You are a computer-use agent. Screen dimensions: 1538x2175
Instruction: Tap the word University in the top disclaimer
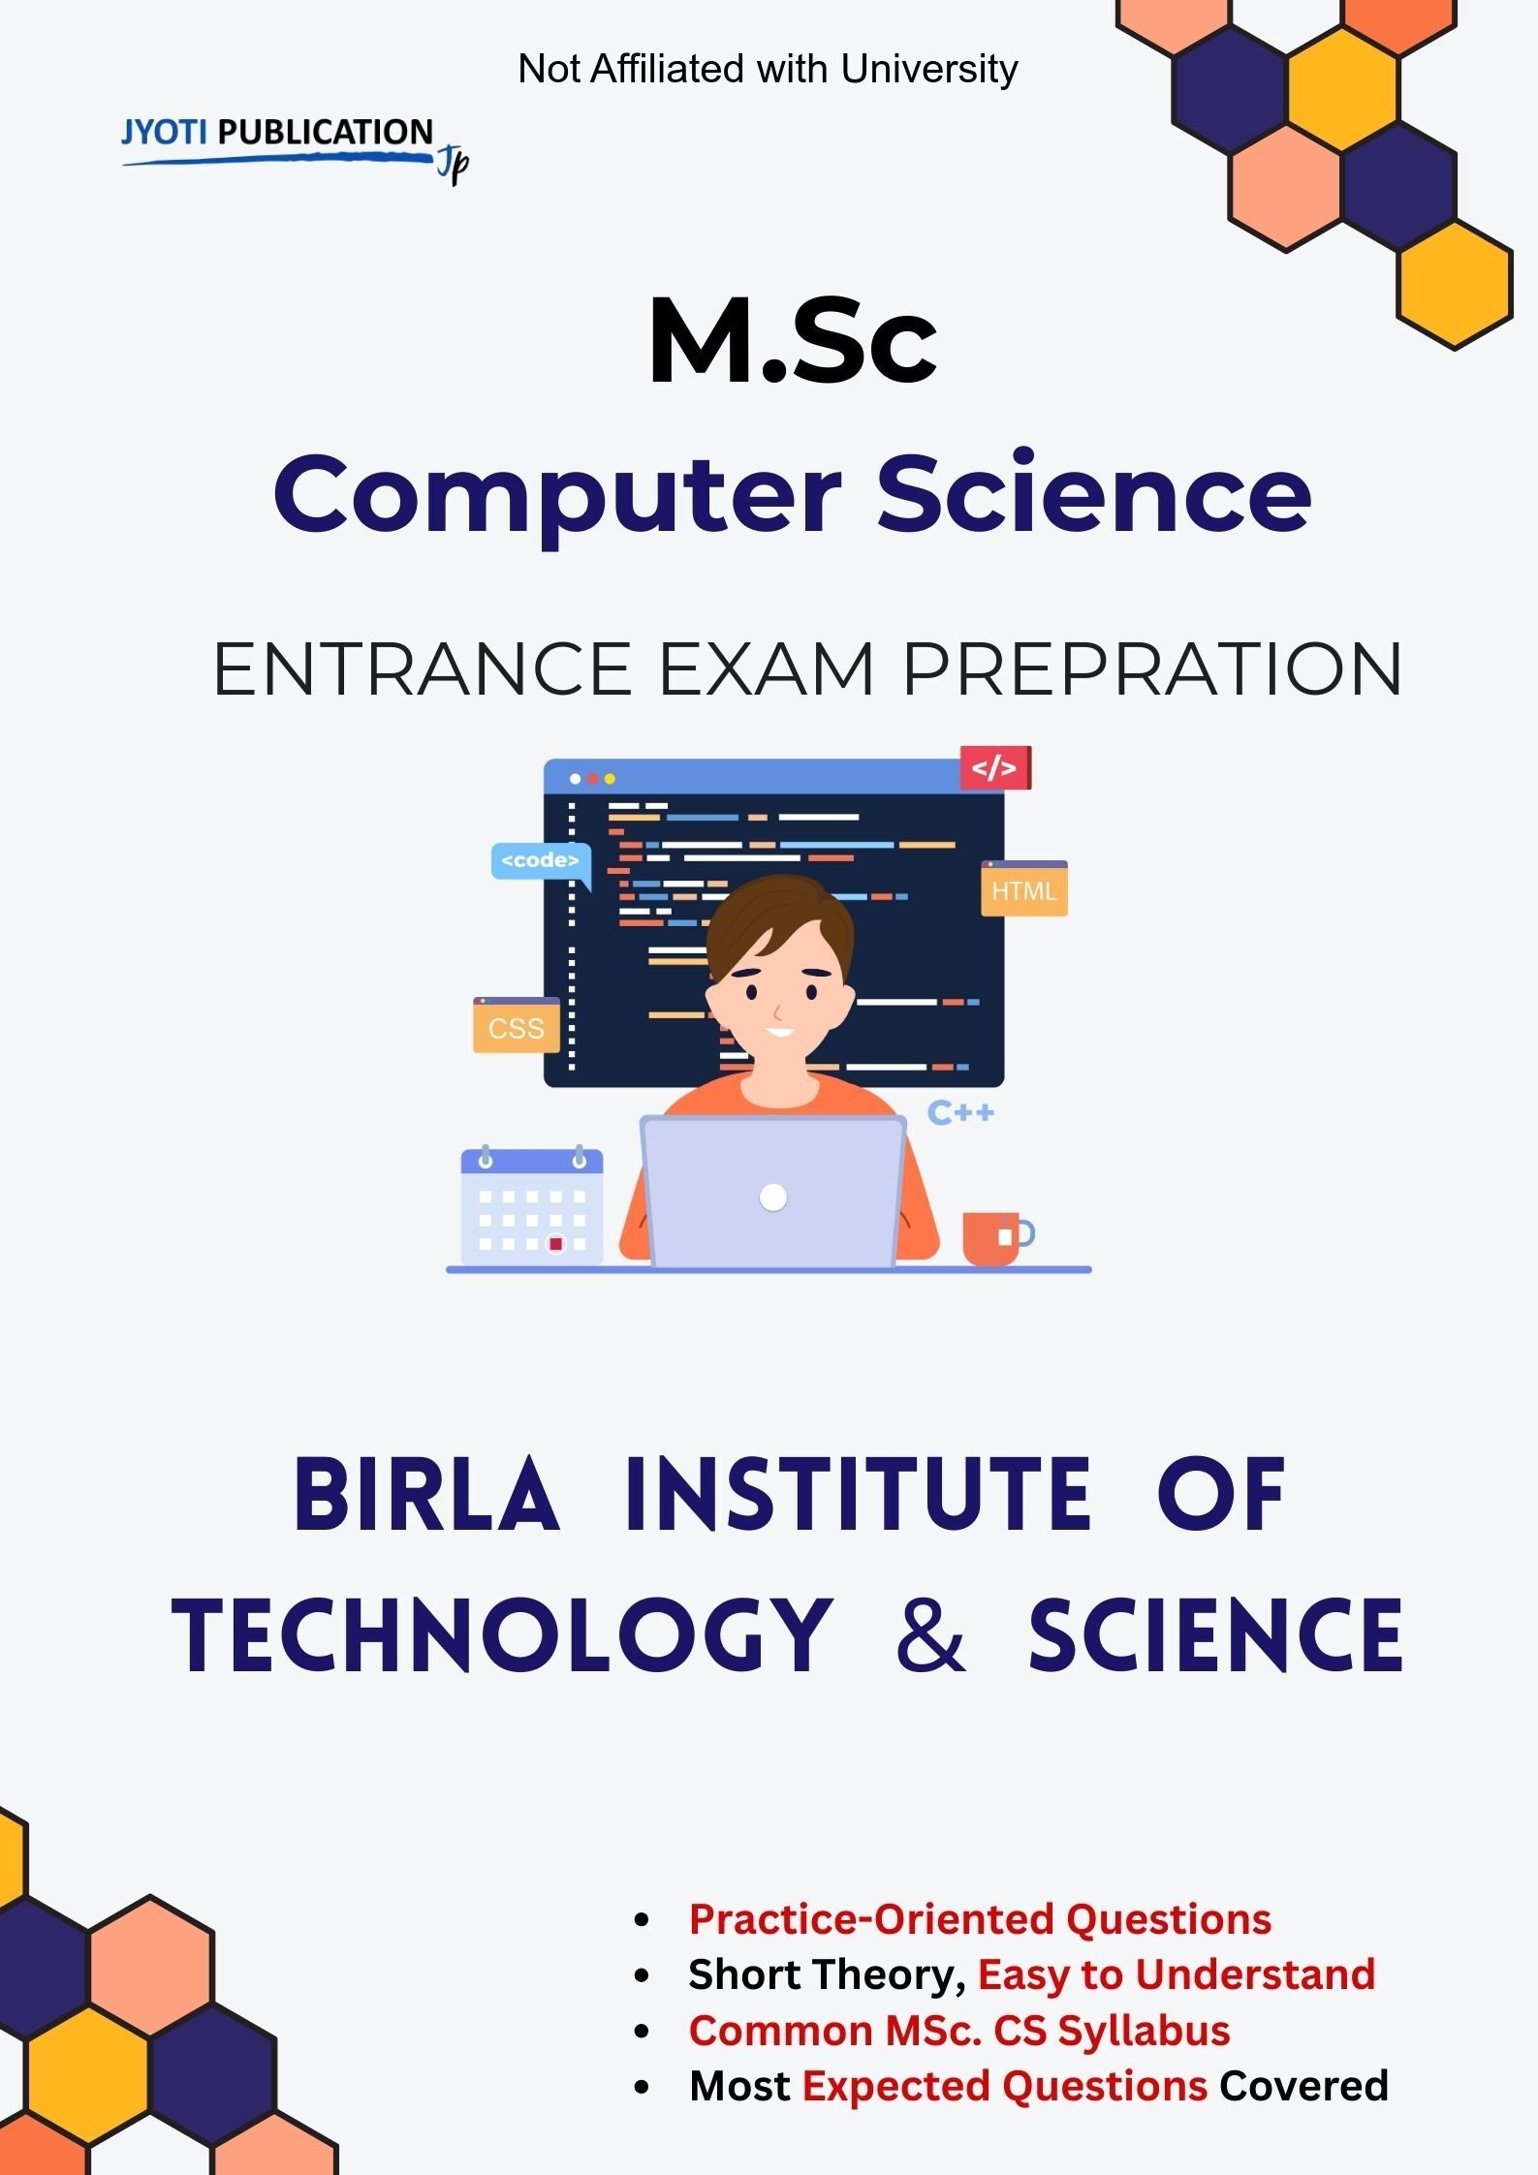929,69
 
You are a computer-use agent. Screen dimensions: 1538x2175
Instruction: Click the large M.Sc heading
793,341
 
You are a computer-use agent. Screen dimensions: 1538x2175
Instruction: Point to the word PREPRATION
1152,668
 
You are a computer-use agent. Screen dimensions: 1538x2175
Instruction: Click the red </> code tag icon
995,767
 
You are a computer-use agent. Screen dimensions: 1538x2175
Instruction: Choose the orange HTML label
1024,888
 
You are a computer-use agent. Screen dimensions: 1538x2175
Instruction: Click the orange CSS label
517,1025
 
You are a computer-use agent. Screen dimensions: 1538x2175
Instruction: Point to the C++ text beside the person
960,1112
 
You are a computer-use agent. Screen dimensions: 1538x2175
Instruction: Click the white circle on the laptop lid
773,1197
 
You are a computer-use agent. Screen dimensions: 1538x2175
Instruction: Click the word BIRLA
426,1495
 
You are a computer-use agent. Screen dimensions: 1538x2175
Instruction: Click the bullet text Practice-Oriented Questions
980,1918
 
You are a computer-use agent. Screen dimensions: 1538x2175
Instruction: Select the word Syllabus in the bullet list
1144,2030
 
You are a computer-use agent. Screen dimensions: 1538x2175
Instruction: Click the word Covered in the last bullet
1303,2086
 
